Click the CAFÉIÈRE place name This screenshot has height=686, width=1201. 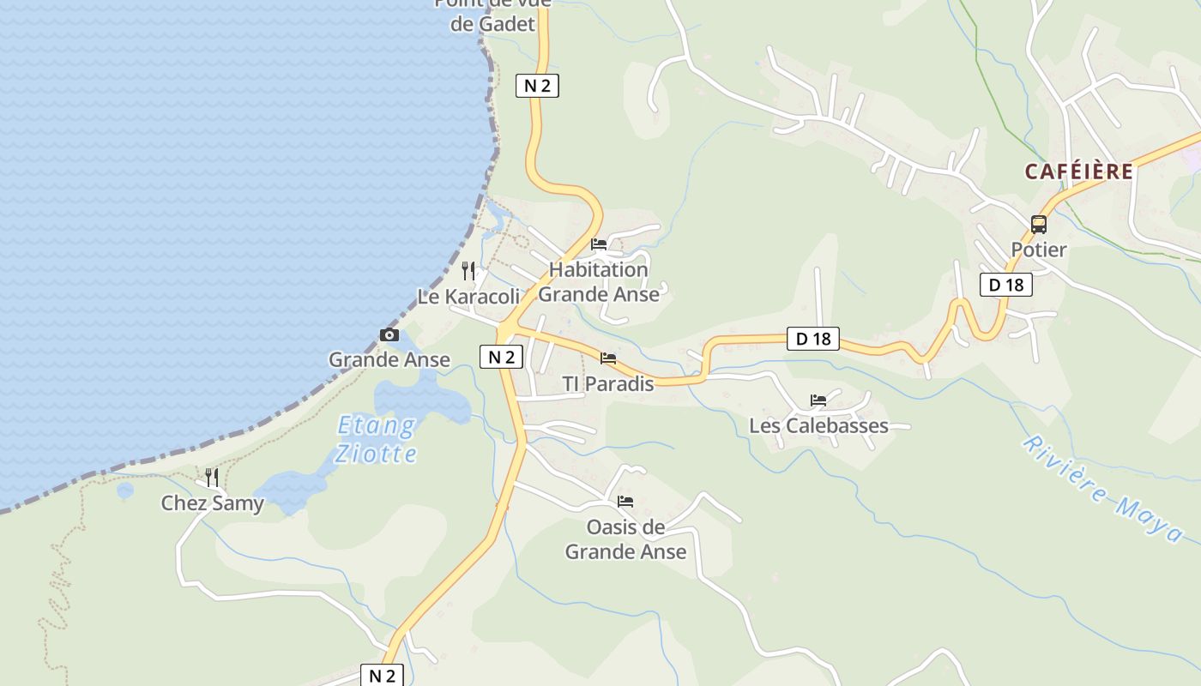1078,171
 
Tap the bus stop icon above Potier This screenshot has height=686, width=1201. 1039,225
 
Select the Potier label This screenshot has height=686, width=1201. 1038,250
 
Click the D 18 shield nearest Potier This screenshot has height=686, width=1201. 1006,285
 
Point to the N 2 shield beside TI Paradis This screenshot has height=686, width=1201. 501,357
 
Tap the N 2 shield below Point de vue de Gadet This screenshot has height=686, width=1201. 537,85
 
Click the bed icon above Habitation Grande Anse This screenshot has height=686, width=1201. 599,244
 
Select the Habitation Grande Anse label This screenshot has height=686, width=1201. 599,282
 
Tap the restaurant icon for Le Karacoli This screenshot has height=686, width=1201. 468,271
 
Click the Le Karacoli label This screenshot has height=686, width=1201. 468,297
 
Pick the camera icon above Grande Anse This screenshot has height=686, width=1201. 389,335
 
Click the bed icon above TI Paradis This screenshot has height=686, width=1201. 608,358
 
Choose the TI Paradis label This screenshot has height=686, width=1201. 607,383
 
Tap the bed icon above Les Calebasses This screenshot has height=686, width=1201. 818,400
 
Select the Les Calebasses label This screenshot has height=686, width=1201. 818,425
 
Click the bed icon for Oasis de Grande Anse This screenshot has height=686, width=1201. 625,502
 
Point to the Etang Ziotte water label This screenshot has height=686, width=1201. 376,439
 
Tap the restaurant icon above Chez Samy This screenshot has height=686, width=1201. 212,477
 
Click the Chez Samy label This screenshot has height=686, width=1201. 212,502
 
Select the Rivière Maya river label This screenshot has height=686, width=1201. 1103,489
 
